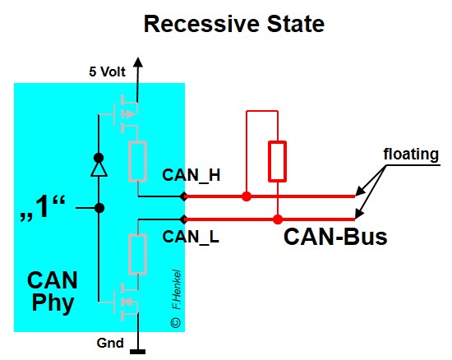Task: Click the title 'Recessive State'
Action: coord(234,24)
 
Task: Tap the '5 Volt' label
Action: coord(108,71)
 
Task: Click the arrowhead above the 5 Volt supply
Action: coord(138,63)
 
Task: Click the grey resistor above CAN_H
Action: coord(138,162)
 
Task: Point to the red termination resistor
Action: coord(278,161)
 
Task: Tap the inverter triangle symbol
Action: coord(99,168)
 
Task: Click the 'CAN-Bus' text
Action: coord(335,238)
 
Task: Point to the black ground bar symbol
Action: coord(138,351)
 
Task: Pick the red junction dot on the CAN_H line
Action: coord(247,196)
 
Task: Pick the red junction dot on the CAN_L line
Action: coord(278,219)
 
